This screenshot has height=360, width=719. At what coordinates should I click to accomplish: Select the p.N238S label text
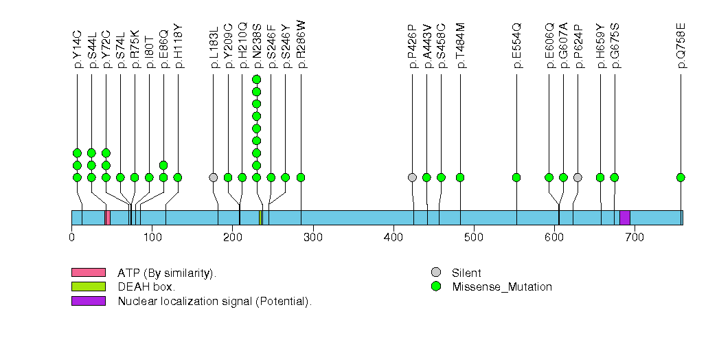click(x=256, y=46)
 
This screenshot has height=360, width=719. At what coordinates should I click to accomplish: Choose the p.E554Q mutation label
click(x=516, y=46)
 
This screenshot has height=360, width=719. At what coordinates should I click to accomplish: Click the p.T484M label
click(x=460, y=46)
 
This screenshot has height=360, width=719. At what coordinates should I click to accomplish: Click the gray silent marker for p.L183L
click(x=214, y=177)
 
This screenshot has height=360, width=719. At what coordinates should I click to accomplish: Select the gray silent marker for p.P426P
click(x=412, y=177)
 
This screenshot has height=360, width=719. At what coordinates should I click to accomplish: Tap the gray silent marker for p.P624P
click(x=578, y=177)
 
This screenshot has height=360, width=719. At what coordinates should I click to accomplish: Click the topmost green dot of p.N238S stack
click(x=256, y=79)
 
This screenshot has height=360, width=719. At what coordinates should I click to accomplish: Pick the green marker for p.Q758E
click(x=681, y=177)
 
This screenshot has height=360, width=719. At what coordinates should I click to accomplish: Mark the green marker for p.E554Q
click(x=516, y=177)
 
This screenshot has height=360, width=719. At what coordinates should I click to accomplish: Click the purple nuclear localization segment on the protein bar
click(x=625, y=217)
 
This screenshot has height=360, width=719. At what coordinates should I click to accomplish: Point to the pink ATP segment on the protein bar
click(x=108, y=217)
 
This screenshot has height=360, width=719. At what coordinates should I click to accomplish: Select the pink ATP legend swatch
click(x=88, y=273)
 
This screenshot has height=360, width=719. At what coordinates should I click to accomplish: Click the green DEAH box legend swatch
click(x=88, y=286)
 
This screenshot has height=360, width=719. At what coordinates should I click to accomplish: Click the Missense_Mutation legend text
click(x=502, y=287)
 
